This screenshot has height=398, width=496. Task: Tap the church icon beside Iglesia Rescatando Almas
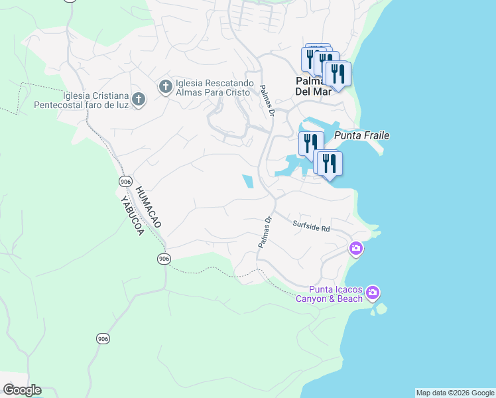(165, 86)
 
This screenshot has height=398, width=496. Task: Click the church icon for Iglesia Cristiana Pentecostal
(138, 99)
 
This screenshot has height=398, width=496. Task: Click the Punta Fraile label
(361, 135)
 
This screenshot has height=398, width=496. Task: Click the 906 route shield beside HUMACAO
(125, 181)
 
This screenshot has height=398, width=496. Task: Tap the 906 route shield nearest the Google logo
(102, 339)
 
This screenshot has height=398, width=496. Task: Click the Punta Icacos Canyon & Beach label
(336, 294)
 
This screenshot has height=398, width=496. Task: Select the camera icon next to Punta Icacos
(373, 293)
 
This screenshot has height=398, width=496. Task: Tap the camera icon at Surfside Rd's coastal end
(356, 249)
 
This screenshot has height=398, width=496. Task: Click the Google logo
(22, 390)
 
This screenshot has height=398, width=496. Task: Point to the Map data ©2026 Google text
(455, 393)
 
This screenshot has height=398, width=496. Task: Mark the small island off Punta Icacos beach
(379, 309)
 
